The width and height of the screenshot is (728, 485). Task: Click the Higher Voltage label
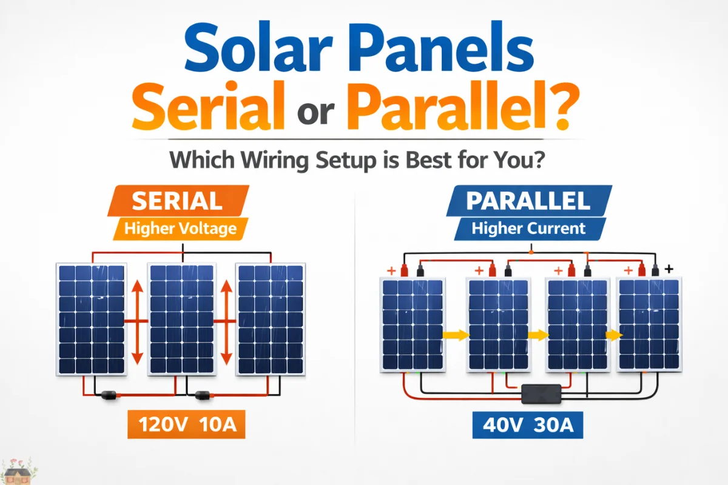[x=180, y=229]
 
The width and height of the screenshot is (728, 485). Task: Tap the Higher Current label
[x=528, y=229]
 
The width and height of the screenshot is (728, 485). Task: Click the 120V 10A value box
[x=186, y=424]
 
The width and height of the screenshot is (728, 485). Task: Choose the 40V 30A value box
[x=527, y=424]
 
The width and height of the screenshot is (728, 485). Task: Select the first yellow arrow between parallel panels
[x=456, y=334]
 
